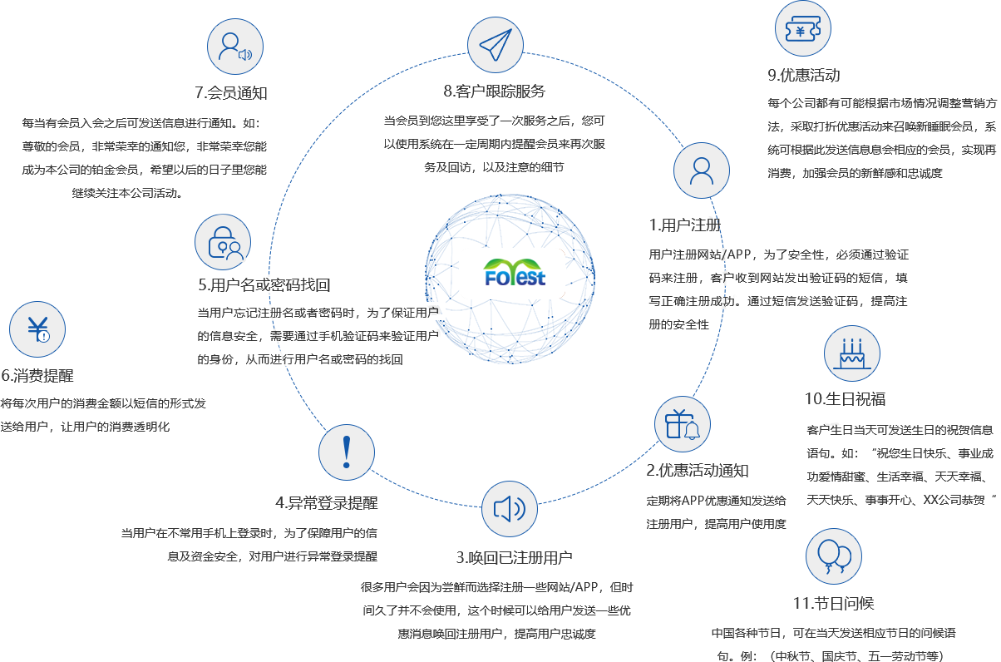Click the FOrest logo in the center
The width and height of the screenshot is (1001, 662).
(515, 274)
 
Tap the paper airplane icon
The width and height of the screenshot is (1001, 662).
(495, 45)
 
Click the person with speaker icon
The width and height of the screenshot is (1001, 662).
(234, 47)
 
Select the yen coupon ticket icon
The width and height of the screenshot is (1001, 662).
(802, 31)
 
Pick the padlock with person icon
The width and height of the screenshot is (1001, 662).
(223, 242)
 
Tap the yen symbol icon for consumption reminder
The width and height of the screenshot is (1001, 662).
(37, 329)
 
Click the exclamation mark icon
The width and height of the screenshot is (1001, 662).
(347, 452)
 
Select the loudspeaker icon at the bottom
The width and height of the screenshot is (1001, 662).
(510, 509)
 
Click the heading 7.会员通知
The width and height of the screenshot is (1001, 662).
(230, 92)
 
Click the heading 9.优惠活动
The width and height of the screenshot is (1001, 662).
(803, 75)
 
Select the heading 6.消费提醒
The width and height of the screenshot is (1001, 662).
(37, 376)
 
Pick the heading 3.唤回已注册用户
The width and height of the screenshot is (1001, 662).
(511, 556)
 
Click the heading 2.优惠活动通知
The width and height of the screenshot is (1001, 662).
(698, 471)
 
